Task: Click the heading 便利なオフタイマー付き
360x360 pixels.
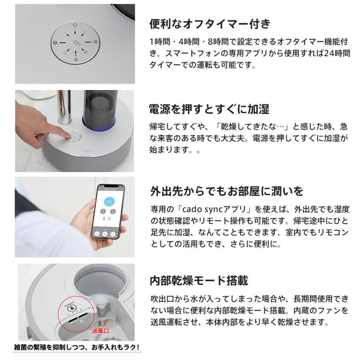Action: pos(210,24)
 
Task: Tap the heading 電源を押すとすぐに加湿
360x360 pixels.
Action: pos(209,109)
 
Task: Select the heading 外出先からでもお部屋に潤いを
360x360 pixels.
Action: pos(227,191)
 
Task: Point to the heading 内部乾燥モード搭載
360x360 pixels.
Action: pos(199,280)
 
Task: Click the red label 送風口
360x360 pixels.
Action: pos(100,331)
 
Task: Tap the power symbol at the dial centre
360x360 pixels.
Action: pos(75,42)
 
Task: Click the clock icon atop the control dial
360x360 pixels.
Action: pos(75,25)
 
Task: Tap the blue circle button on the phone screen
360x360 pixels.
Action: pos(110,201)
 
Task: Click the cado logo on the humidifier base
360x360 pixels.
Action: pos(87,151)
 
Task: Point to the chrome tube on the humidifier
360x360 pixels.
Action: pos(64,107)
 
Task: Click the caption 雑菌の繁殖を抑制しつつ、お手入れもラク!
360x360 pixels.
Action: pos(77,347)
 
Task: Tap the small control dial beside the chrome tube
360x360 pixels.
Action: pos(74,136)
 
